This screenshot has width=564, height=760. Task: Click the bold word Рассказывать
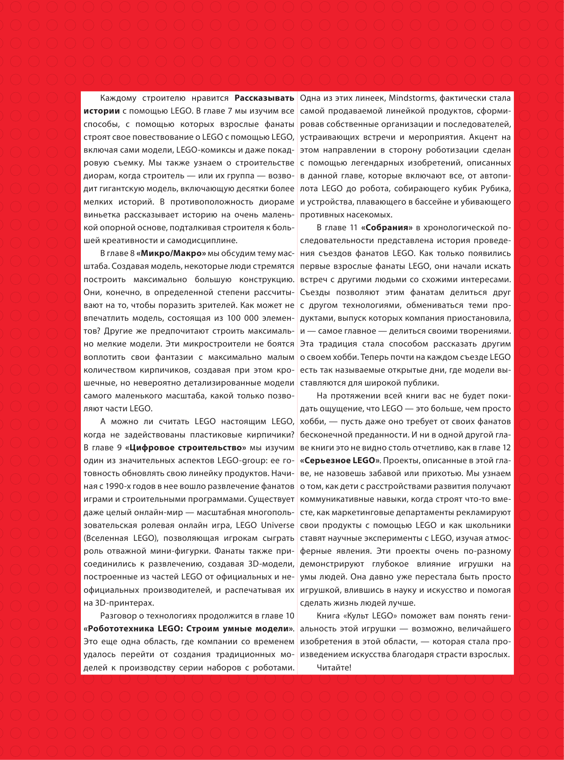(x=264, y=98)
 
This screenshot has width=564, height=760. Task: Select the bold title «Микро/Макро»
(x=171, y=253)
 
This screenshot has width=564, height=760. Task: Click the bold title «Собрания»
(x=387, y=228)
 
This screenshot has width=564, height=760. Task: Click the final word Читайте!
(x=334, y=667)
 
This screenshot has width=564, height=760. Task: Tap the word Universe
(x=277, y=525)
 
